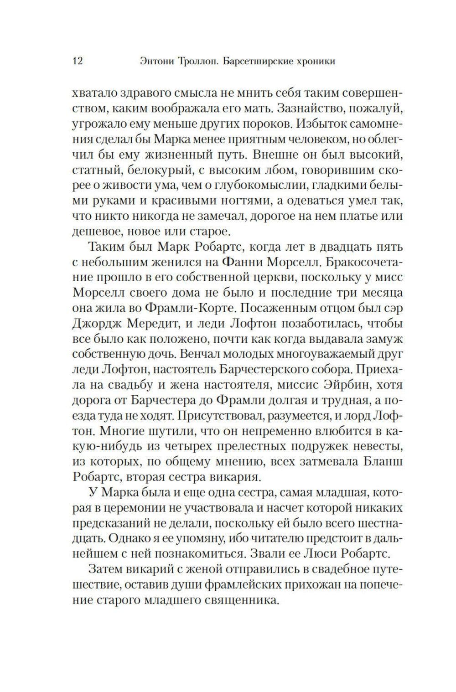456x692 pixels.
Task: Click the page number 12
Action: point(78,61)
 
